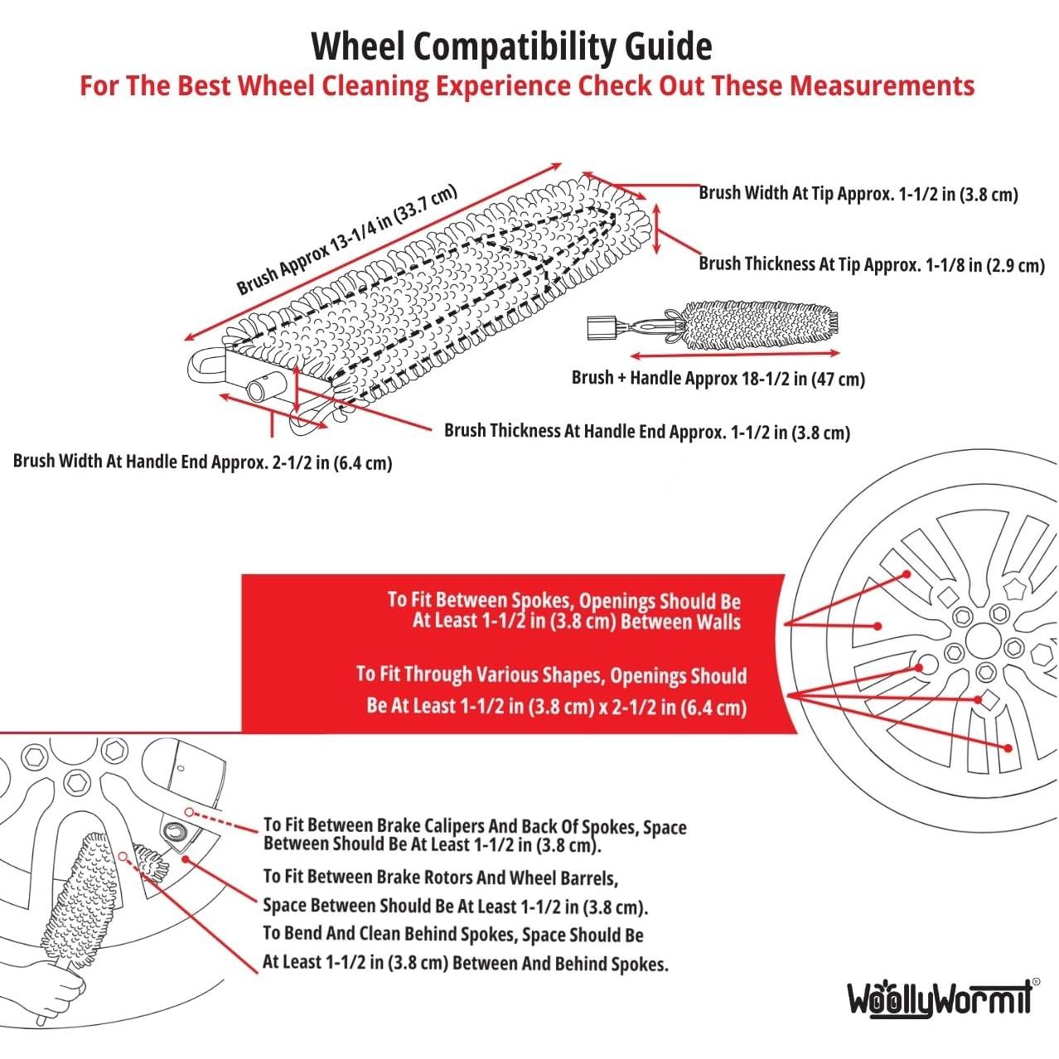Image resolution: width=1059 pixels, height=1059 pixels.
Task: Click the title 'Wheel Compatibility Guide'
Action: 511,47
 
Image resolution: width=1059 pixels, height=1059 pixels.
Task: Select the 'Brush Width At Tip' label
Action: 858,194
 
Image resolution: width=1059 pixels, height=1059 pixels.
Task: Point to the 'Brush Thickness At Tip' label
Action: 872,265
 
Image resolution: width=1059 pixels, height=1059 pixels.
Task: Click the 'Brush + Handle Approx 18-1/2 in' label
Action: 718,378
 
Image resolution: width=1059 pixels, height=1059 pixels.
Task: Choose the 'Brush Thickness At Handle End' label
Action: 647,432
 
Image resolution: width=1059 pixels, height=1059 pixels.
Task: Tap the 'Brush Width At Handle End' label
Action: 202,462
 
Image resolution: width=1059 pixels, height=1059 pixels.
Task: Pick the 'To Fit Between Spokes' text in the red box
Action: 563,611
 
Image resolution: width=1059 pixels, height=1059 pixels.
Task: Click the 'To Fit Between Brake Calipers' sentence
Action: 475,835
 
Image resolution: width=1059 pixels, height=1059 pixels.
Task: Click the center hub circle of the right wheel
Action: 983,640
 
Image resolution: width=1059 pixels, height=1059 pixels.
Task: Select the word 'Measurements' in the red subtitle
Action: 882,86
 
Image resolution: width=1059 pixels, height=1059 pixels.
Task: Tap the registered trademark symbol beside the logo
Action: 1036,981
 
